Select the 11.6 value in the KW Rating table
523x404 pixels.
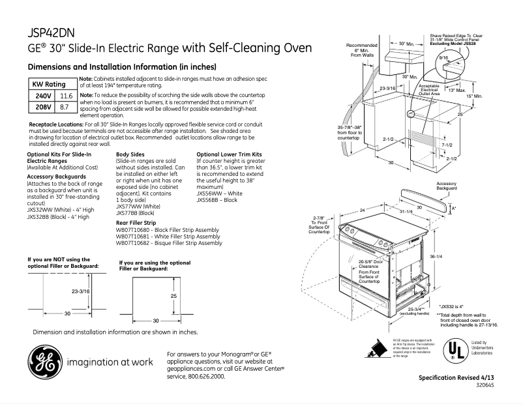coord(66,96)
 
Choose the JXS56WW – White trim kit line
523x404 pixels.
coord(220,194)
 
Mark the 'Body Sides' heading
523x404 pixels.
coord(130,154)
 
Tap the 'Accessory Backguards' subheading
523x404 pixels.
coord(55,176)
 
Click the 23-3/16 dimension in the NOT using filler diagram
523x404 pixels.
coord(82,292)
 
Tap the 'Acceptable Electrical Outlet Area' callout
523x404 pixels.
coord(429,90)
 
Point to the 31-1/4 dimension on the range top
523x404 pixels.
coord(406,211)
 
